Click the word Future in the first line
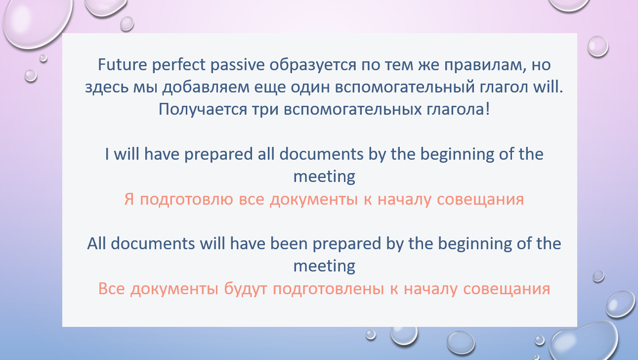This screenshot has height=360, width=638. coord(123,64)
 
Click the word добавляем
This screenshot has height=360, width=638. coord(206,88)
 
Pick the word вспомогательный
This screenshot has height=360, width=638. coord(405,87)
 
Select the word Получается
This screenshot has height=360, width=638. coord(203,110)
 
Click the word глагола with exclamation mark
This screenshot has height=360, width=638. coord(458,109)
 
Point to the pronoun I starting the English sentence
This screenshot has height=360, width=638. coord(107,154)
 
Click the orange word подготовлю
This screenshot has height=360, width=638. coord(187,199)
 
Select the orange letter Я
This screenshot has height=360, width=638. coord(129,199)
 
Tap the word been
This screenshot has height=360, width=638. coord(289,244)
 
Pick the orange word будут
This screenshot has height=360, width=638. coord(246,289)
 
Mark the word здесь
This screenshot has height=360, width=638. coord(107,88)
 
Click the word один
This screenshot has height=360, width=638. coord(310,88)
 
